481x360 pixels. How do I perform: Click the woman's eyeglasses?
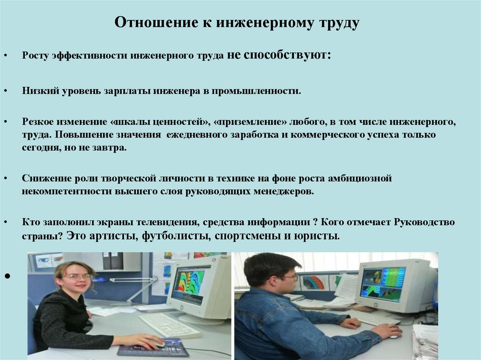[x=78, y=277]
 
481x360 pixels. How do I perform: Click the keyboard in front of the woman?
[x=170, y=325]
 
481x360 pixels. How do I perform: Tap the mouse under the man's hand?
[x=394, y=337]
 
